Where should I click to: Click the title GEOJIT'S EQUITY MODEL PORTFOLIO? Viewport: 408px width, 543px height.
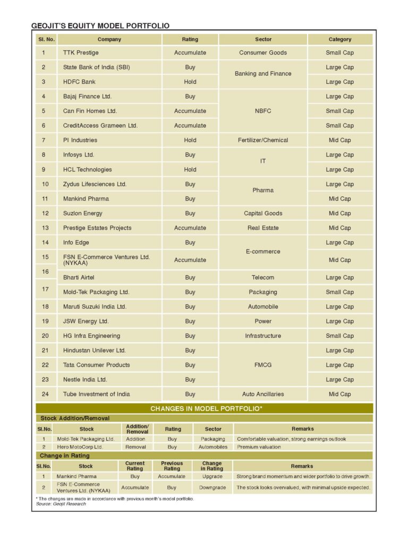(x=100, y=25)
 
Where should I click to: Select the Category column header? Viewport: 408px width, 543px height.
(x=340, y=39)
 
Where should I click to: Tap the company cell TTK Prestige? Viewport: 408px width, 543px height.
(x=81, y=52)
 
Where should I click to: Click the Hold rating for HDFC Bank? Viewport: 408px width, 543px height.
(x=190, y=82)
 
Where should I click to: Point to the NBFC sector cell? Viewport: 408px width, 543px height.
(x=263, y=111)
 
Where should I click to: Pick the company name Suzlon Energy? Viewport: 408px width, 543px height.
(x=83, y=213)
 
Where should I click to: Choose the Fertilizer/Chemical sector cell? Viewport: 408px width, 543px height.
(x=263, y=140)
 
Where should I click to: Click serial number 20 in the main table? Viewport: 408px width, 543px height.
(x=45, y=336)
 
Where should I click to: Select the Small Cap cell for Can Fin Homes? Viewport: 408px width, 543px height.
(x=340, y=111)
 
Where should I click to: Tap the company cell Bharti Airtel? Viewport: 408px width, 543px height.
(x=79, y=277)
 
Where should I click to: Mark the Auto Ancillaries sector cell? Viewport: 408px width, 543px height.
(x=263, y=394)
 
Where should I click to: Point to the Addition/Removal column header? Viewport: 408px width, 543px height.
(x=137, y=429)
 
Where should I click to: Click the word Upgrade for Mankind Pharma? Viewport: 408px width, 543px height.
(x=212, y=476)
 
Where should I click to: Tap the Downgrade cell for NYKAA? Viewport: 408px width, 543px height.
(x=212, y=487)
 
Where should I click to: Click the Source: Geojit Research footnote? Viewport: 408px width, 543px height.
(x=58, y=504)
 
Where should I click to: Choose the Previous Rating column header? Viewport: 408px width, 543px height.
(x=172, y=466)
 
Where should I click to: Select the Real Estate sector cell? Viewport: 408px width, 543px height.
(x=263, y=228)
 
